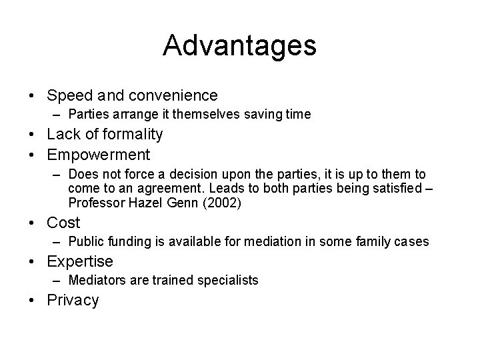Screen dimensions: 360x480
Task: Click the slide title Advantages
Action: click(x=239, y=46)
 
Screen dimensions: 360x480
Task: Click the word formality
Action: click(x=131, y=134)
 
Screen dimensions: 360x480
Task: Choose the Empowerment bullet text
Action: click(x=98, y=155)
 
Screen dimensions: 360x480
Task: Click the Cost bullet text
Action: click(x=63, y=223)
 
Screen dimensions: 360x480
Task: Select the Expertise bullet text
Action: click(x=80, y=261)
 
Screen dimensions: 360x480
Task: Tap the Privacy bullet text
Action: click(x=73, y=300)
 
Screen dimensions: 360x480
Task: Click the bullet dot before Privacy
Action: click(x=33, y=300)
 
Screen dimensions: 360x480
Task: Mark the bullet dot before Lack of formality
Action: click(x=33, y=134)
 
